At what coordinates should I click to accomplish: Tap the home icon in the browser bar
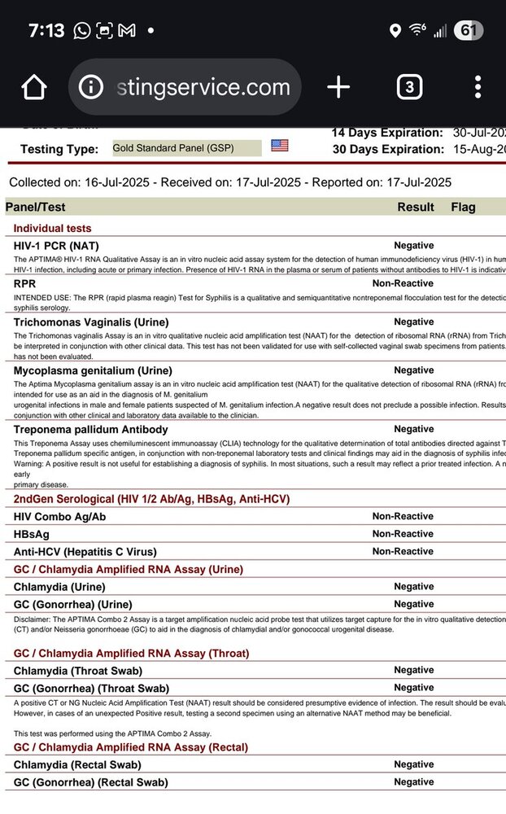pyautogui.click(x=34, y=87)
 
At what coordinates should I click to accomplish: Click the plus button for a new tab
pyautogui.click(x=338, y=87)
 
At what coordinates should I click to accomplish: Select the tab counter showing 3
pyautogui.click(x=409, y=87)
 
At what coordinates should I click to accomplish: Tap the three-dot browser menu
pyautogui.click(x=478, y=87)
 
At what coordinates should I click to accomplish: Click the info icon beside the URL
pyautogui.click(x=91, y=87)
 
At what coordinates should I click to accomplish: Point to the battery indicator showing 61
pyautogui.click(x=466, y=31)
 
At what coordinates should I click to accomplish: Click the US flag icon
pyautogui.click(x=280, y=146)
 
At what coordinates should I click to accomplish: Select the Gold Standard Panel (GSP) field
pyautogui.click(x=186, y=148)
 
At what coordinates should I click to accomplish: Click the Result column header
pyautogui.click(x=415, y=207)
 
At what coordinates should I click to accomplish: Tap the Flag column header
pyautogui.click(x=463, y=207)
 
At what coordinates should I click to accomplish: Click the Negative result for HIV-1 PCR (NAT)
pyautogui.click(x=414, y=245)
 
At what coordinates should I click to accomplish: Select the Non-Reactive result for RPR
pyautogui.click(x=403, y=283)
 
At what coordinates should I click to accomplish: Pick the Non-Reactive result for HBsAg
pyautogui.click(x=403, y=534)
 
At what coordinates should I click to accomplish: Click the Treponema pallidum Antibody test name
pyautogui.click(x=91, y=429)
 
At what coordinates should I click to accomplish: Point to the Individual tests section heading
pyautogui.click(x=53, y=229)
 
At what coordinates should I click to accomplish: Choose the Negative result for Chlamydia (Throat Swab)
pyautogui.click(x=414, y=670)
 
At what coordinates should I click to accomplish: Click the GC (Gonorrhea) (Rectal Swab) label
pyautogui.click(x=91, y=782)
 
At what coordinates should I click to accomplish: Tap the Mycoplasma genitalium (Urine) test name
pyautogui.click(x=94, y=370)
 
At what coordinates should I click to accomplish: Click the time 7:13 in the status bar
pyautogui.click(x=46, y=31)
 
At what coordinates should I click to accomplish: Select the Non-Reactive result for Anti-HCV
pyautogui.click(x=403, y=551)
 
